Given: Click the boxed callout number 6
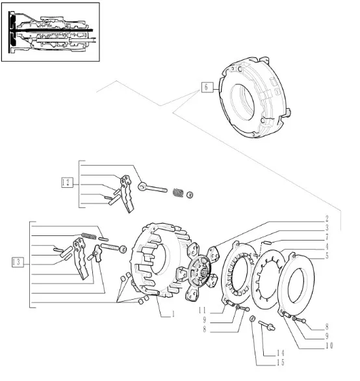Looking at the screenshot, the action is click(x=207, y=87).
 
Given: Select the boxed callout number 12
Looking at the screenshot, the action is click(x=67, y=182).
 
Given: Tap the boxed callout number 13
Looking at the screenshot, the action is click(x=18, y=262).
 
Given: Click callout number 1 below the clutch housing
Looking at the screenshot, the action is click(x=174, y=314).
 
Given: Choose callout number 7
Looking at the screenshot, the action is click(x=327, y=237).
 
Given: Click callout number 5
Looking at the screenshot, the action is click(x=327, y=256).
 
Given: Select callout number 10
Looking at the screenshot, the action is click(x=329, y=345).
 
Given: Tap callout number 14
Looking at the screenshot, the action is click(x=280, y=353).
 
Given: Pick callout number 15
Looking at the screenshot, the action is click(x=280, y=363).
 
